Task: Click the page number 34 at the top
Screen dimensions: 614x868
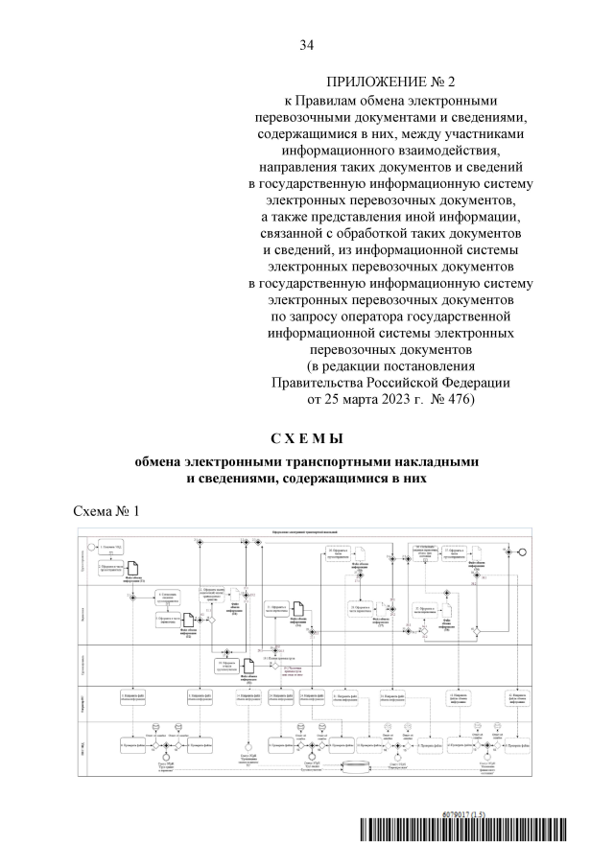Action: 307,44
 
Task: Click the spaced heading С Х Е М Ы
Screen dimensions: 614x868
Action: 306,439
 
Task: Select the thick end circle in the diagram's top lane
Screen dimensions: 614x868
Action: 524,551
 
